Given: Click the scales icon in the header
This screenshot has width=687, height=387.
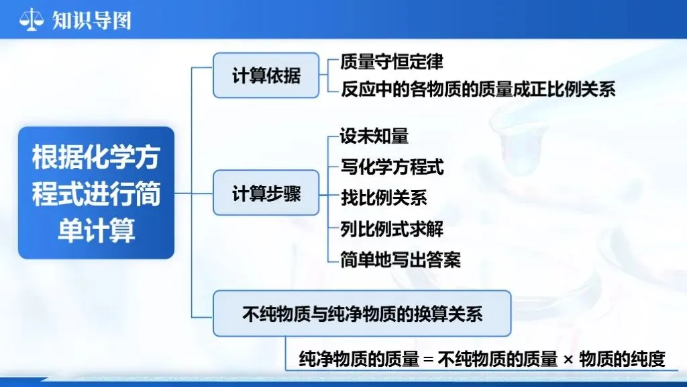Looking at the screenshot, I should pyautogui.click(x=31, y=19).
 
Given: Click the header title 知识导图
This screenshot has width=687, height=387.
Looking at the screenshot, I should pyautogui.click(x=91, y=19).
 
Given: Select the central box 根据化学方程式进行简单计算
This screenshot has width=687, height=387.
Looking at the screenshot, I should pyautogui.click(x=96, y=193).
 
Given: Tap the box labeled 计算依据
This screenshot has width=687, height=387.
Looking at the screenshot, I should pyautogui.click(x=266, y=75).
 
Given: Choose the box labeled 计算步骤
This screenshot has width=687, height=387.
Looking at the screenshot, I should pyautogui.click(x=266, y=194).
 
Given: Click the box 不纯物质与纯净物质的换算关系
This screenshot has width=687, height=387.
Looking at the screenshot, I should pyautogui.click(x=362, y=314).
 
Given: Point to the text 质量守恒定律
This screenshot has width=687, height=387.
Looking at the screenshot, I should pyautogui.click(x=392, y=62).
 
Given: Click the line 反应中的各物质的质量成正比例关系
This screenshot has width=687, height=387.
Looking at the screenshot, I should pyautogui.click(x=478, y=89).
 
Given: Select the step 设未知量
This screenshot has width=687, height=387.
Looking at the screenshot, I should pyautogui.click(x=374, y=137).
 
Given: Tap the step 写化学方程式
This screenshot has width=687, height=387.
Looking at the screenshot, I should pyautogui.click(x=392, y=167).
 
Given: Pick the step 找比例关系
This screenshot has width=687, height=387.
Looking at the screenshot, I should pyautogui.click(x=383, y=198).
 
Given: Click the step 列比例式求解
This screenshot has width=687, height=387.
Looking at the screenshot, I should pyautogui.click(x=392, y=228).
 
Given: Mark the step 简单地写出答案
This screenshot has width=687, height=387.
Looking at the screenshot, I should pyautogui.click(x=401, y=259).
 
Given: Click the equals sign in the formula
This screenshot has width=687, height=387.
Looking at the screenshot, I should pyautogui.click(x=429, y=360).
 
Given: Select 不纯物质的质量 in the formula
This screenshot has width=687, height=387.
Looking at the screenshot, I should pyautogui.click(x=498, y=359).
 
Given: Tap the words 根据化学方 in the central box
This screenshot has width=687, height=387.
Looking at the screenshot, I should pyautogui.click(x=96, y=157).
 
